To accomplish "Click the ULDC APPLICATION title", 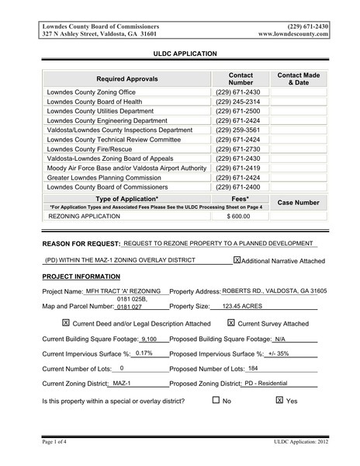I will [179, 54].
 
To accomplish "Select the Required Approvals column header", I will [126, 79].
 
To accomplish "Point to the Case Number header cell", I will [298, 202].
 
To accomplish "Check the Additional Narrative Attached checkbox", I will [237, 260].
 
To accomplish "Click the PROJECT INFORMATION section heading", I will [81, 276].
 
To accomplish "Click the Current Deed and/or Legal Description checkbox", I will [65, 322].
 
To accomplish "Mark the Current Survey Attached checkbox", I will [231, 322].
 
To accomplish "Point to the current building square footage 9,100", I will [150, 339].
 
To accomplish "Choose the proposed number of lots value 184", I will [252, 368].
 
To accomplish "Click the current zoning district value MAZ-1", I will [122, 384].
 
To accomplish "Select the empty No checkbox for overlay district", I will [216, 401].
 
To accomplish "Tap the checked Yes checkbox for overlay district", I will [279, 401].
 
